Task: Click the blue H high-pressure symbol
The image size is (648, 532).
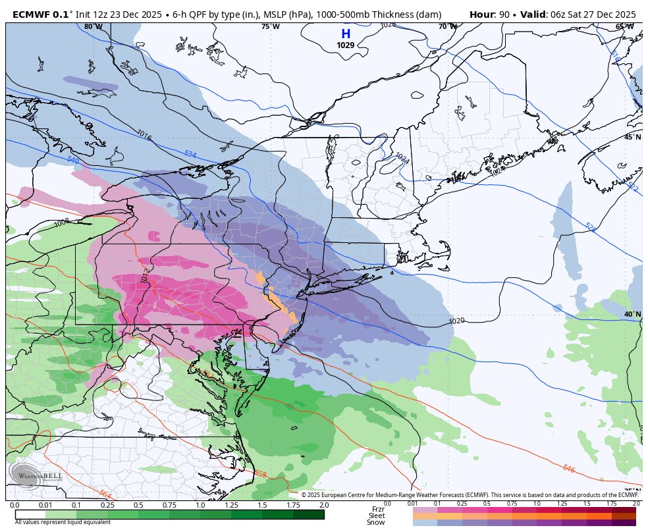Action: click(345, 34)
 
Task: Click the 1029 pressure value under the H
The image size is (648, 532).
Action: click(345, 45)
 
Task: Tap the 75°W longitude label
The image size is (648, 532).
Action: click(270, 26)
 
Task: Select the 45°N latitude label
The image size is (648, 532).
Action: click(632, 137)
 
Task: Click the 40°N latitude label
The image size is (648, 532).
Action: click(632, 314)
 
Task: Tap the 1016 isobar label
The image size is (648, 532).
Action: click(144, 135)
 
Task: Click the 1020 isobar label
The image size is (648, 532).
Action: click(456, 321)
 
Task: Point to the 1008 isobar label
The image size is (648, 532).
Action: click(62, 223)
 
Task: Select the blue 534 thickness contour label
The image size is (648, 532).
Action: click(190, 154)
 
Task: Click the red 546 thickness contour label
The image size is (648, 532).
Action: click(568, 468)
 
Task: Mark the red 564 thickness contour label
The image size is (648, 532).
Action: click(105, 493)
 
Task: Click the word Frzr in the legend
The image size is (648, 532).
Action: click(378, 509)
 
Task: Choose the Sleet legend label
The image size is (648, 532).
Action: click(377, 516)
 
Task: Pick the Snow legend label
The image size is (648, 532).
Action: click(377, 522)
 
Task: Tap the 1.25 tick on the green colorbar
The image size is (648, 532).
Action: click(231, 505)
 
